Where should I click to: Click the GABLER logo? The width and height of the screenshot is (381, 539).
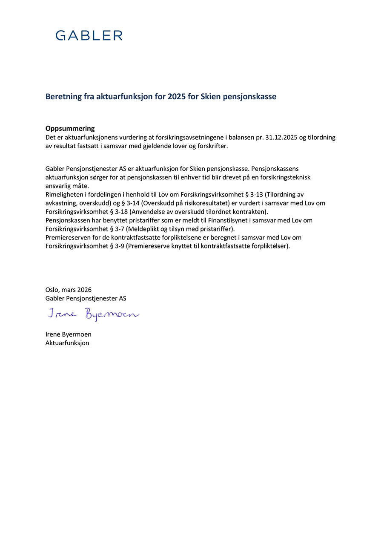tap(89, 35)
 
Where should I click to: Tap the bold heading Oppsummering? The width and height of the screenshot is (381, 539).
tap(70, 129)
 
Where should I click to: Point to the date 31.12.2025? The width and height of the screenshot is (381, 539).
tap(281, 137)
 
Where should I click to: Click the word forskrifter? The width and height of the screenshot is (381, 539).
tap(213, 146)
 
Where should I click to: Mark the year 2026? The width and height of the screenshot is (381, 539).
tap(84, 290)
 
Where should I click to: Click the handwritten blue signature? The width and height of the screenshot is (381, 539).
tap(93, 315)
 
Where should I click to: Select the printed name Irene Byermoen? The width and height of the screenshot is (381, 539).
tap(68, 334)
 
